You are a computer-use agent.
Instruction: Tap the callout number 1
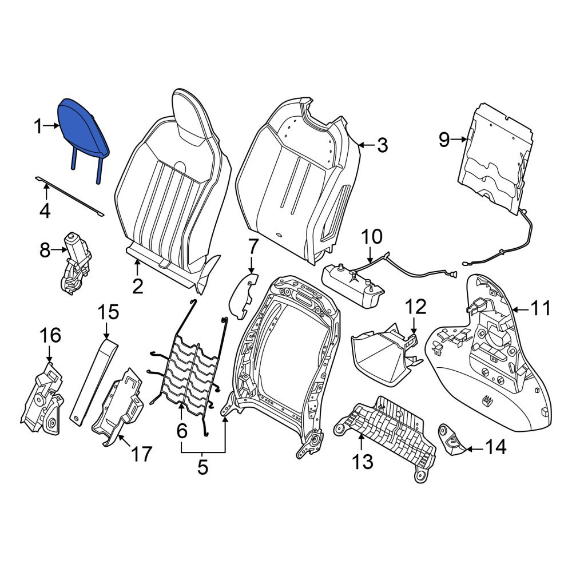tap(38, 126)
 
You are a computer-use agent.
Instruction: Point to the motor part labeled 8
tap(75, 263)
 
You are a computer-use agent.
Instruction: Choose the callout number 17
tap(141, 454)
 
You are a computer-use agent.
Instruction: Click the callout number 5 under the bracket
tap(202, 467)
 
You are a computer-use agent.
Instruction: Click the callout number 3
tap(382, 145)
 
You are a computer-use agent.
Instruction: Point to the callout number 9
tap(444, 140)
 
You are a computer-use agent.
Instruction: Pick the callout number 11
tap(541, 309)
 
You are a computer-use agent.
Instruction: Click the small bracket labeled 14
tap(452, 440)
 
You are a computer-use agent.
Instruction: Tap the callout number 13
tap(363, 462)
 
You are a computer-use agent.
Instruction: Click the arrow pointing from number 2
tap(137, 267)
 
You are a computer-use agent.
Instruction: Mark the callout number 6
tap(182, 431)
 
